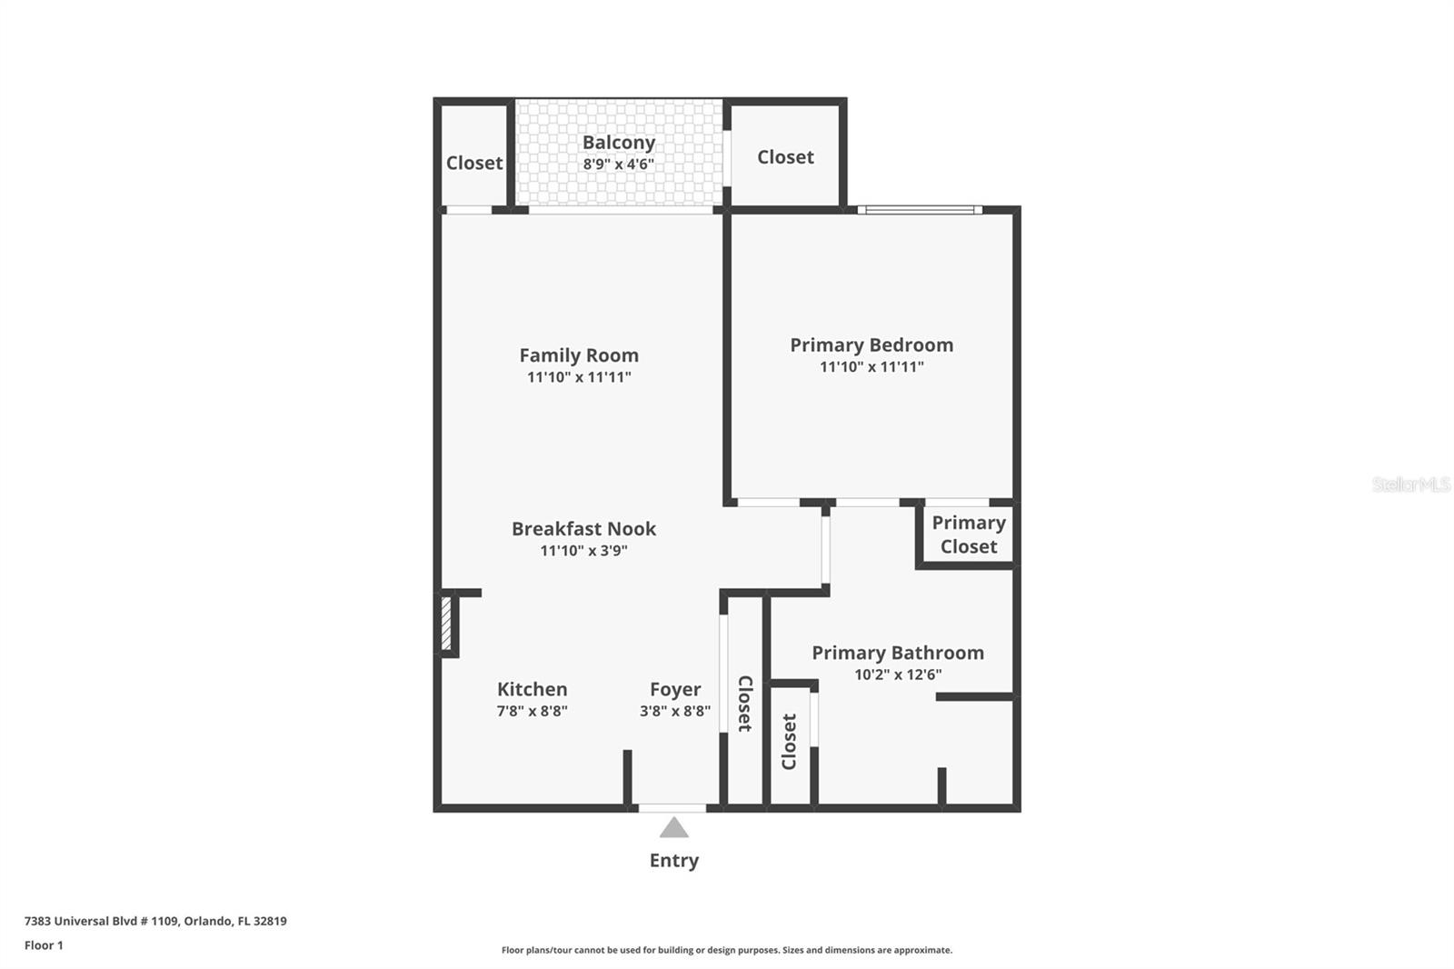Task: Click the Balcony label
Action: (618, 143)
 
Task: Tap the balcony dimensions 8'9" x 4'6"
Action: (618, 165)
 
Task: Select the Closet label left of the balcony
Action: (473, 163)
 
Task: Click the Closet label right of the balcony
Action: (785, 157)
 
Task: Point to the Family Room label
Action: (579, 355)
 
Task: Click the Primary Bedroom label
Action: (871, 345)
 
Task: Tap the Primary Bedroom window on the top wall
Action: (920, 210)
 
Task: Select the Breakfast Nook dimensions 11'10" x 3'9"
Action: (583, 551)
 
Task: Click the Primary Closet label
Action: (969, 534)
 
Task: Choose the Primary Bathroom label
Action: (898, 653)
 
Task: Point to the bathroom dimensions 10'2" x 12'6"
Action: (898, 674)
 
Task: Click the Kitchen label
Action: (532, 689)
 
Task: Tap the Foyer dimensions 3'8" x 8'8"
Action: (674, 711)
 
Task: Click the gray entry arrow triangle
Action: (673, 828)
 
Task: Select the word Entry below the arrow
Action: (673, 861)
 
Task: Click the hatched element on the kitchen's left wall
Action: (446, 623)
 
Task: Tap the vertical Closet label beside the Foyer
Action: (744, 703)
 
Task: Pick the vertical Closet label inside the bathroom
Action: (789, 741)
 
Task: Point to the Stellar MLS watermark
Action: (1410, 484)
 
